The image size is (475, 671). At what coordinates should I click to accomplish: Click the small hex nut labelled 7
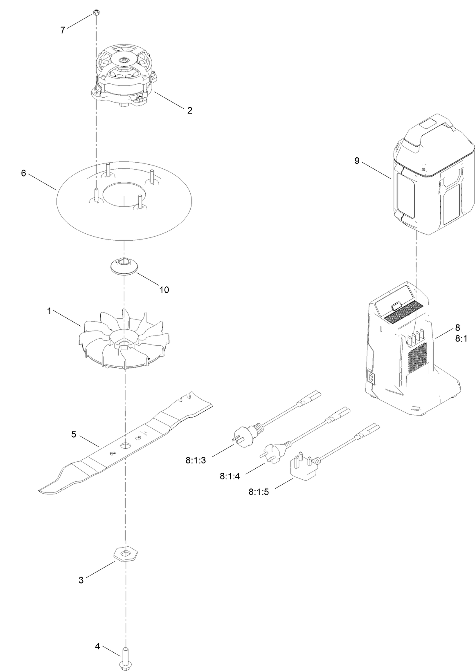(x=94, y=12)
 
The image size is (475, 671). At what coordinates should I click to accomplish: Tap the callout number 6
(x=24, y=173)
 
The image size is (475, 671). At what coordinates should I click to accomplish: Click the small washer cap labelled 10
(x=124, y=267)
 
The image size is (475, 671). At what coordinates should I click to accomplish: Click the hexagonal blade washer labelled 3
(x=125, y=555)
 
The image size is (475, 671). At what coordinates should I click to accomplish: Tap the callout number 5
(x=74, y=434)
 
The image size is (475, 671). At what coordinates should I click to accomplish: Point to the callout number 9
(x=357, y=161)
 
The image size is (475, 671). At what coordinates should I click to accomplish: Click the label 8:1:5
(x=259, y=492)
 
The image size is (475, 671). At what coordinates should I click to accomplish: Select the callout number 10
(x=164, y=290)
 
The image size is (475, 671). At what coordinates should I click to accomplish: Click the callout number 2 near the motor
(x=189, y=110)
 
